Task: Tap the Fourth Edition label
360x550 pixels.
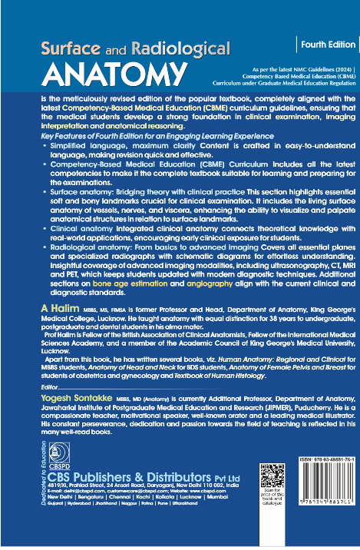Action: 327,45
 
